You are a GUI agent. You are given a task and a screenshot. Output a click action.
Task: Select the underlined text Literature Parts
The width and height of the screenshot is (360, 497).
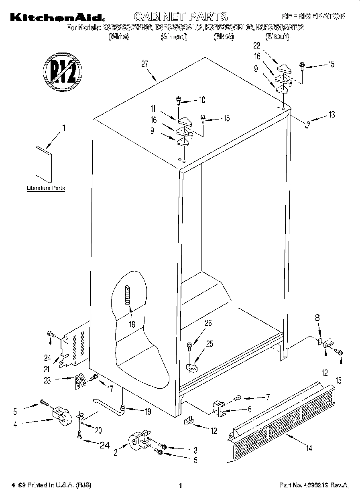(46, 188)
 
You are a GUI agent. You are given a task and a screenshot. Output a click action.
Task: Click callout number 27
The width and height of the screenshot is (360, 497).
(145, 64)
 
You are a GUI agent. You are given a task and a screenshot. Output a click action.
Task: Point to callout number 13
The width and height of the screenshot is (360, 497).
(331, 115)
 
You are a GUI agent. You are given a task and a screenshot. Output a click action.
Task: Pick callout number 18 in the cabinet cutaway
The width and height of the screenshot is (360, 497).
(132, 325)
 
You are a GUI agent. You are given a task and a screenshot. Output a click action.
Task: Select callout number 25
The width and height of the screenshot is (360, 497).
(209, 343)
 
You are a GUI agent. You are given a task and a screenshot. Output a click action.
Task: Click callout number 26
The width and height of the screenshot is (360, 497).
(208, 323)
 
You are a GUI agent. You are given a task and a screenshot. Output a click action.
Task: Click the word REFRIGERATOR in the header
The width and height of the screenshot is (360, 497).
(313, 17)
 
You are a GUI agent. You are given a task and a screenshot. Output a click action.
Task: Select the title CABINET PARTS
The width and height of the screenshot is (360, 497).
(180, 17)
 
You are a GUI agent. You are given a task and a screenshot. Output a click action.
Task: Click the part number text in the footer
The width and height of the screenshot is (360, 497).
(313, 485)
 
